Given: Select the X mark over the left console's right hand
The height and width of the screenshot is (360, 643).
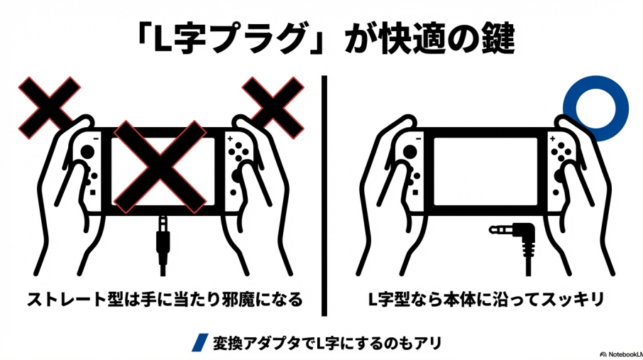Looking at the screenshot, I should pyautogui.click(x=273, y=107).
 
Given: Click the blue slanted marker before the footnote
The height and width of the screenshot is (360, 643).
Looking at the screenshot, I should pyautogui.click(x=200, y=342).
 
